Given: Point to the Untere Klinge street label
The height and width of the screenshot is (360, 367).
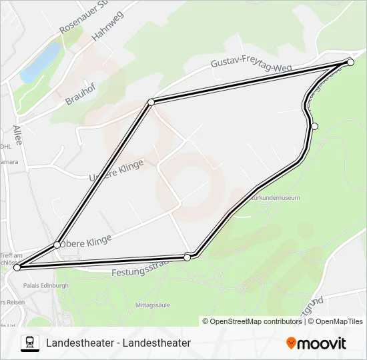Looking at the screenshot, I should pyautogui.click(x=116, y=169).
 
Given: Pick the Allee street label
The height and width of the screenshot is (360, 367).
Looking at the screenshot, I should pyautogui.click(x=17, y=135).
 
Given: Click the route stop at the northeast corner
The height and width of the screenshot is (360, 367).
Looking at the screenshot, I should pyautogui.click(x=350, y=62).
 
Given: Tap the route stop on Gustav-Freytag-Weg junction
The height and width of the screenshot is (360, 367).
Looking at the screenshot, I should pyautogui.click(x=151, y=102).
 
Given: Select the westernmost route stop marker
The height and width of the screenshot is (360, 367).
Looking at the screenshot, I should pyautogui.click(x=17, y=267).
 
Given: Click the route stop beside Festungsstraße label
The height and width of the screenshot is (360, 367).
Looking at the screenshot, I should pyautogui.click(x=188, y=257).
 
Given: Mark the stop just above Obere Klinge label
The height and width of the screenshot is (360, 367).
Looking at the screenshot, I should pyautogui.click(x=57, y=245).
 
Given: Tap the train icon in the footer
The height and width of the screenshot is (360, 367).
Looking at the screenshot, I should pyautogui.click(x=30, y=343).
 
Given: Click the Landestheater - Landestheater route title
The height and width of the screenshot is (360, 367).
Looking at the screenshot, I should pyautogui.click(x=119, y=343).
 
